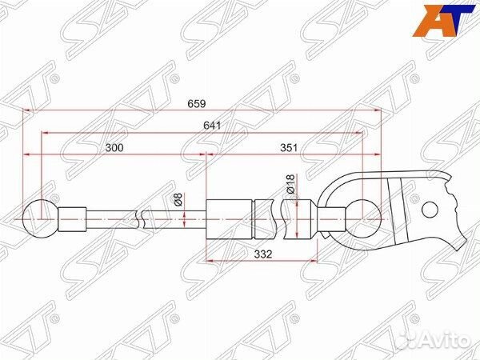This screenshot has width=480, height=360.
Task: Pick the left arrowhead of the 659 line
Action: tap(27, 110)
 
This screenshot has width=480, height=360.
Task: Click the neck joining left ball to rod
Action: tap(72, 217)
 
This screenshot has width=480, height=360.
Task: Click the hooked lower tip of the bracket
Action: tap(458, 239)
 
